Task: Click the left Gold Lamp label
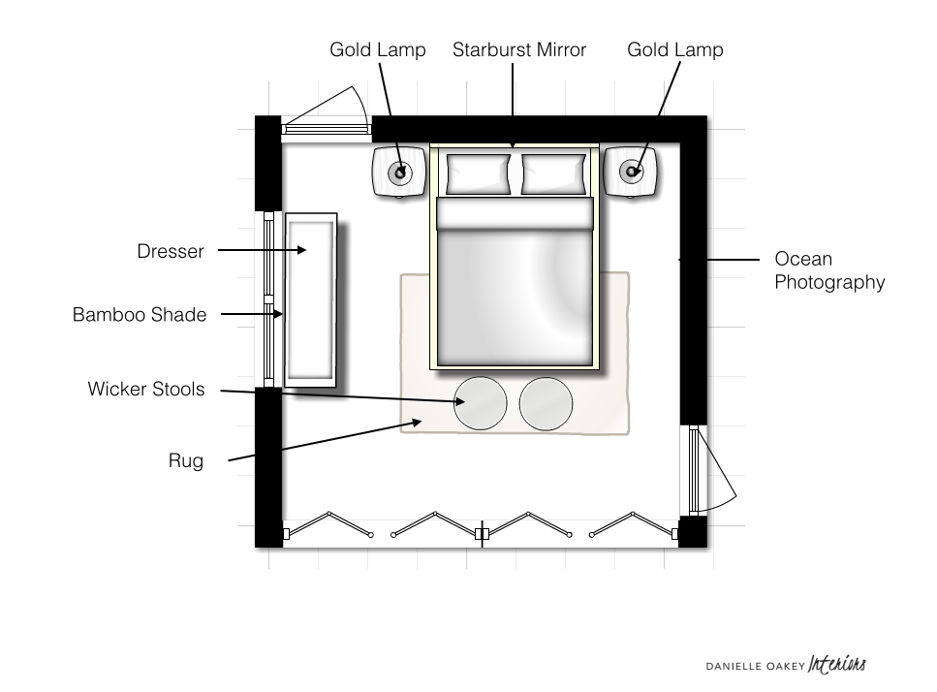coord(377,49)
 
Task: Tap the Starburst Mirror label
coord(518,49)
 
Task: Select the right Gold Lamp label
coord(674,49)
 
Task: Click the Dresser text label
coord(171,252)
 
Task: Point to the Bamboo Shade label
coord(140,315)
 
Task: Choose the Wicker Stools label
coord(146,390)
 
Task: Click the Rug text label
coord(186,461)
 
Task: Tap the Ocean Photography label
coord(829,271)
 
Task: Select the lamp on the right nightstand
coord(631,173)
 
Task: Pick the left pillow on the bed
coord(478,174)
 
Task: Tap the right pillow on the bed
coord(554,174)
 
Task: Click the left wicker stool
coord(480,403)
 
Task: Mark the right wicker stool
coord(547,403)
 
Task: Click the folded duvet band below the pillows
coord(514,214)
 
